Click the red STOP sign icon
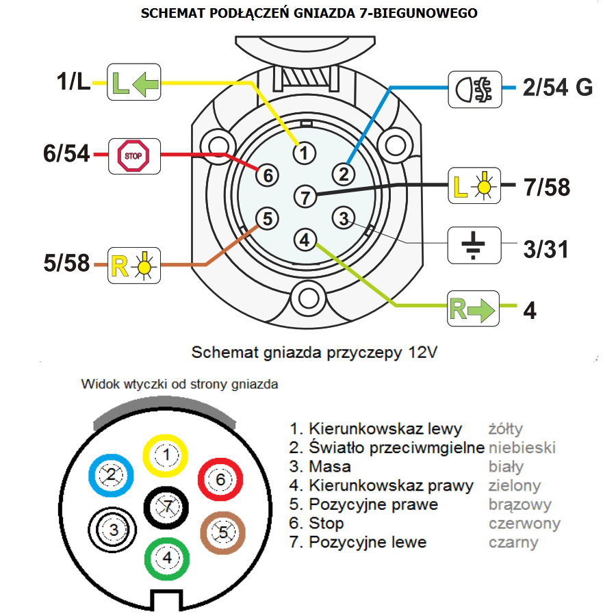coord(133,155)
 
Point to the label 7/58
coord(545,186)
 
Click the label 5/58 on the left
coord(66,263)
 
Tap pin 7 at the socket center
coord(305,197)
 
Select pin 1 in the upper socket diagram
coord(305,151)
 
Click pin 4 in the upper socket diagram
coord(305,240)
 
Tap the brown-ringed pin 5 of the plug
coord(222,531)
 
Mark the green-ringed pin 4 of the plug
coord(166,559)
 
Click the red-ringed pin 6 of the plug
coord(220,479)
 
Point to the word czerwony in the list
coord(524,524)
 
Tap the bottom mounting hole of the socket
coord(305,298)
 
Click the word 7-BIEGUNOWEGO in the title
coord(417,14)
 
